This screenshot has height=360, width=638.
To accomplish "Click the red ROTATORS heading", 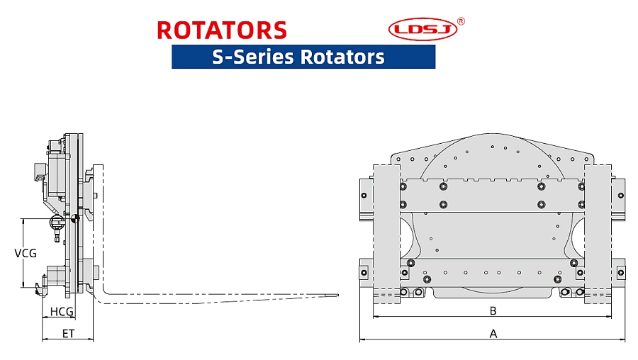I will (222, 30).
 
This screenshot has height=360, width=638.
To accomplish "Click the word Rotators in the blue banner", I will (342, 56).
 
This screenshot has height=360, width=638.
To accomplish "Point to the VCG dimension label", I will (26, 253).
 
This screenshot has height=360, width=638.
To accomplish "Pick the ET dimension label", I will (68, 333).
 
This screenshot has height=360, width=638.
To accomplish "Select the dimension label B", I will (493, 310).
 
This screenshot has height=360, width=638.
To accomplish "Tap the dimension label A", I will (493, 333).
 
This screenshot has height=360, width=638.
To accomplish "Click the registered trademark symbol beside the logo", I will (461, 21).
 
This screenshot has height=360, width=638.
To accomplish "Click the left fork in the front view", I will (386, 234).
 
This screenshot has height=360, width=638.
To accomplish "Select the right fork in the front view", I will (598, 234).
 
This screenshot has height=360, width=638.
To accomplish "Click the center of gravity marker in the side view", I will (74, 219).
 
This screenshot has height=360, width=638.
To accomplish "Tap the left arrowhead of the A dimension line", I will (362, 339).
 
